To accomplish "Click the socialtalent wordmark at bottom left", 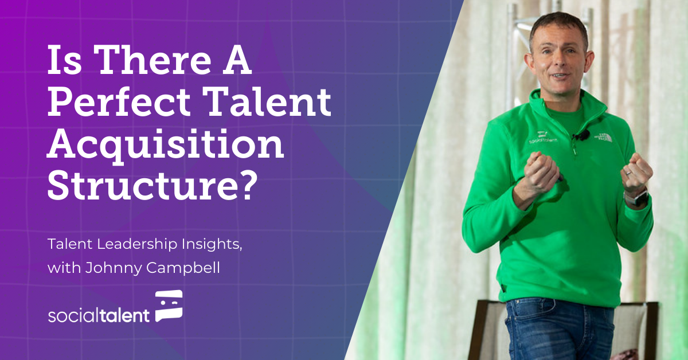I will pos(99,315).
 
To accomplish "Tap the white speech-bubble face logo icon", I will pos(169,305).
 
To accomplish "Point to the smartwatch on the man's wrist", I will pos(635,198).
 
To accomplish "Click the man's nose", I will pos(557,62).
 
